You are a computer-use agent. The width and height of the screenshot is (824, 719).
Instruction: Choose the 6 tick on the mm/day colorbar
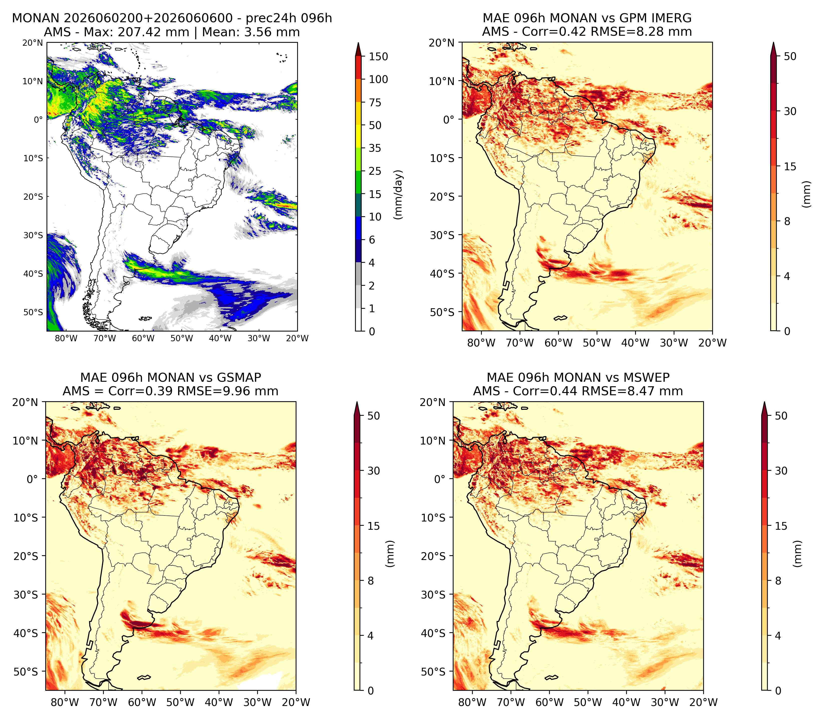point(372,240)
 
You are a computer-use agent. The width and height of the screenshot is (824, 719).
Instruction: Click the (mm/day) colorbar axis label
point(398,194)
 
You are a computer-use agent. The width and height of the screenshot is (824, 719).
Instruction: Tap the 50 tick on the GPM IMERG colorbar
point(790,56)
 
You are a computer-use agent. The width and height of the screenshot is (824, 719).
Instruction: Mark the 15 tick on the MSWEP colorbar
point(781,525)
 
